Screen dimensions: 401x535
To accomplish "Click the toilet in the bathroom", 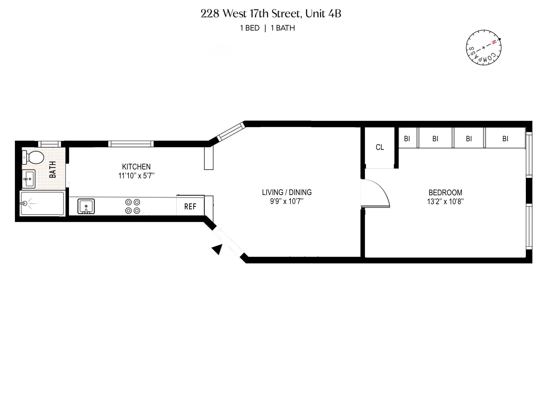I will tap(34, 157).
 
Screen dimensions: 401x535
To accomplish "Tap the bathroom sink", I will tap(28, 179).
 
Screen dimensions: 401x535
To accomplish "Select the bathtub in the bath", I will tap(42, 204).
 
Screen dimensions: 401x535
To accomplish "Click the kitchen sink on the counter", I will tap(86, 206).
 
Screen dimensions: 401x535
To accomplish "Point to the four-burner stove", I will tap(133, 206).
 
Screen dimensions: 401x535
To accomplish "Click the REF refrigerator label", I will tap(190, 207).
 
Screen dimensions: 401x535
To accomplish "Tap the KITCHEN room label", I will tap(136, 167).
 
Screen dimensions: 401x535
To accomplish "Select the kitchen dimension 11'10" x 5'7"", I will tap(136, 176).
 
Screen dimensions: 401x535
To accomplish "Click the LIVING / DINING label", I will tap(287, 192).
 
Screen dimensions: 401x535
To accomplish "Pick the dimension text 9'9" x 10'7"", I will tap(287, 201).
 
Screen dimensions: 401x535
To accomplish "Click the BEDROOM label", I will tap(445, 193).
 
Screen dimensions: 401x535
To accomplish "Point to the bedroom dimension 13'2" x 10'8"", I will tap(445, 202).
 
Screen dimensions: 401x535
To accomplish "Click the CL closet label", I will tap(380, 147).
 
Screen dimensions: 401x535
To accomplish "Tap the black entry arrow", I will tap(217, 249).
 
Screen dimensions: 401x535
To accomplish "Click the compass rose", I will tap(484, 48).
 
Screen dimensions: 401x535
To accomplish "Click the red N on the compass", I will tap(494, 42).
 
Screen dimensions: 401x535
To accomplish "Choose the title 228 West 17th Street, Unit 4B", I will tap(271, 14).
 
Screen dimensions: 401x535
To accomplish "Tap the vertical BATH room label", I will tap(53, 169).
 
